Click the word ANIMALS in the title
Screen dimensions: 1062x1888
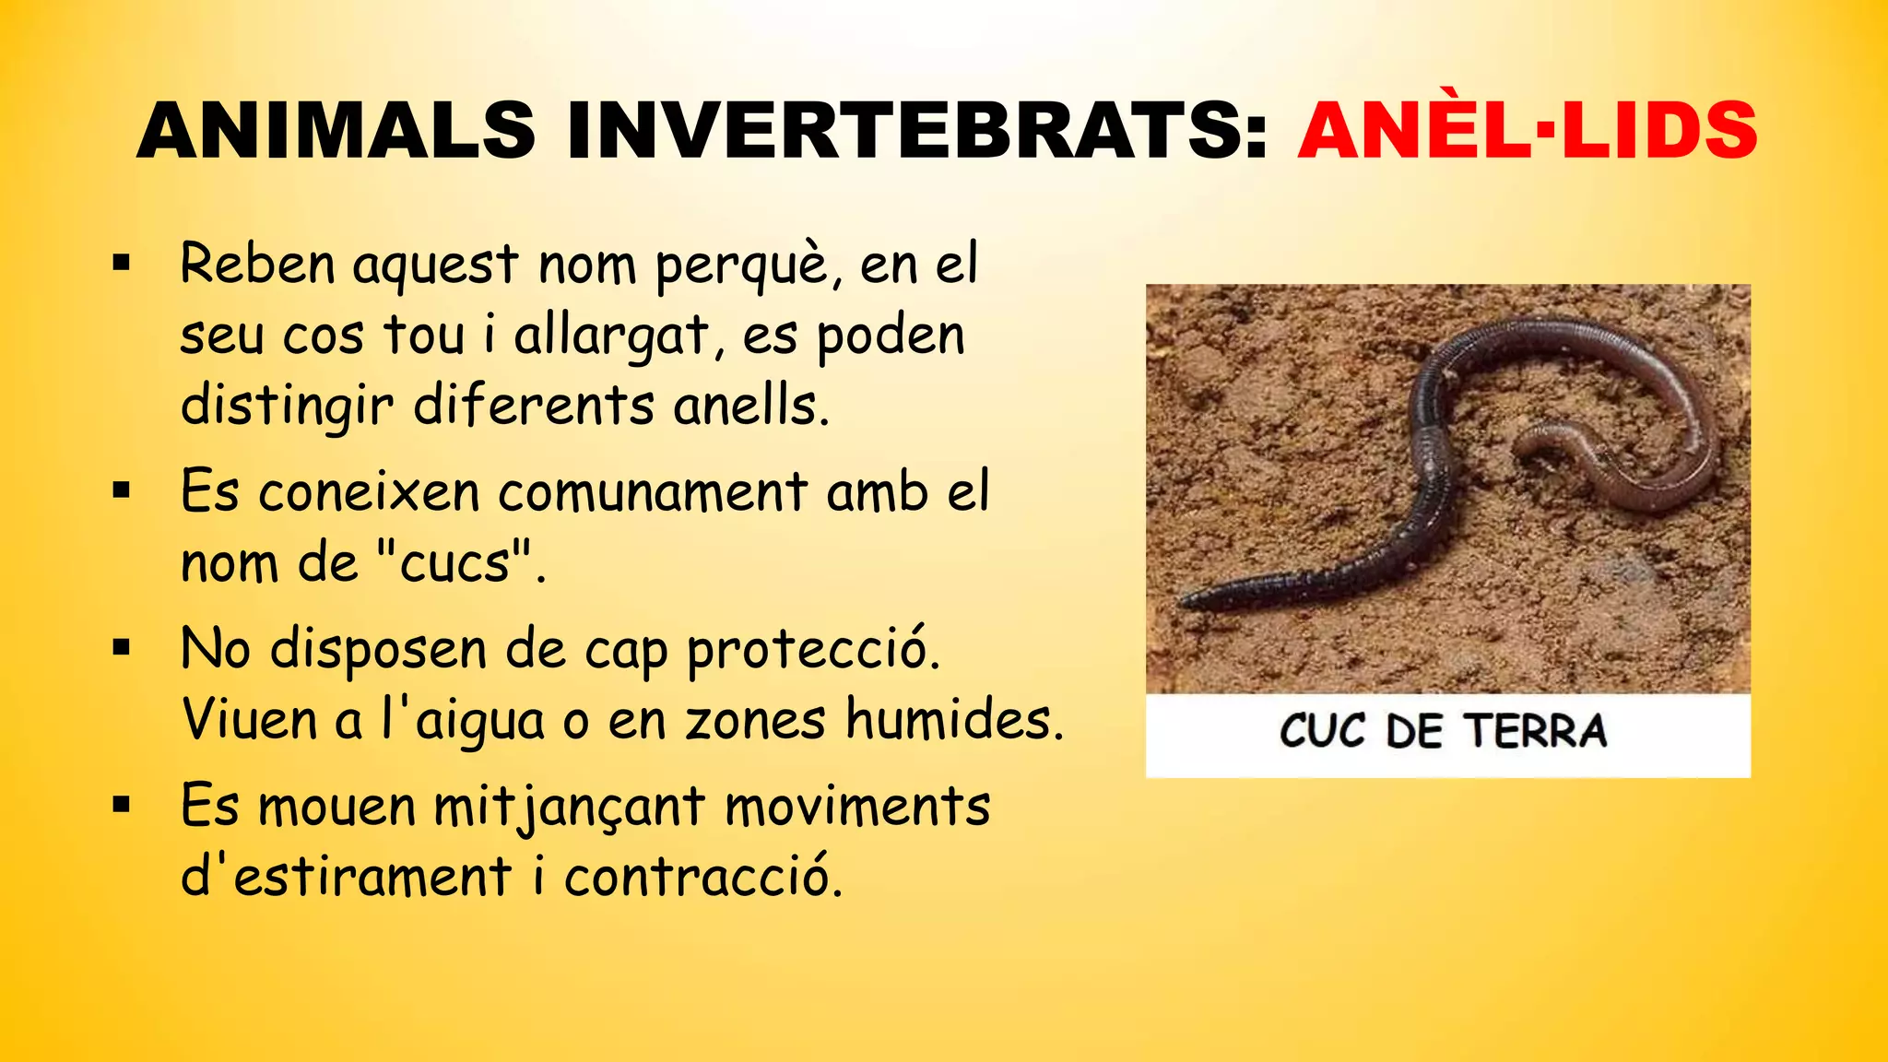coord(336,131)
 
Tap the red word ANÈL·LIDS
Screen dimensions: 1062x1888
coord(1528,131)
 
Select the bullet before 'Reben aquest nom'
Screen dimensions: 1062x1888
coord(122,265)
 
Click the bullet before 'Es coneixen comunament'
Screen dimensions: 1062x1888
coord(122,490)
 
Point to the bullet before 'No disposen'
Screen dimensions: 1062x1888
coord(122,648)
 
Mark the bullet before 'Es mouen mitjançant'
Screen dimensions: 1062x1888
coord(122,806)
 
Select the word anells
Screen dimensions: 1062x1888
coord(749,406)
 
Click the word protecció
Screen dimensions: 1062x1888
coord(813,650)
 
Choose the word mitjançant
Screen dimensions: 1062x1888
coord(570,808)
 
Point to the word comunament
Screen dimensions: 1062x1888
coord(653,492)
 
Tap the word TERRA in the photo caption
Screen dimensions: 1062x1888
coord(1536,731)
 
